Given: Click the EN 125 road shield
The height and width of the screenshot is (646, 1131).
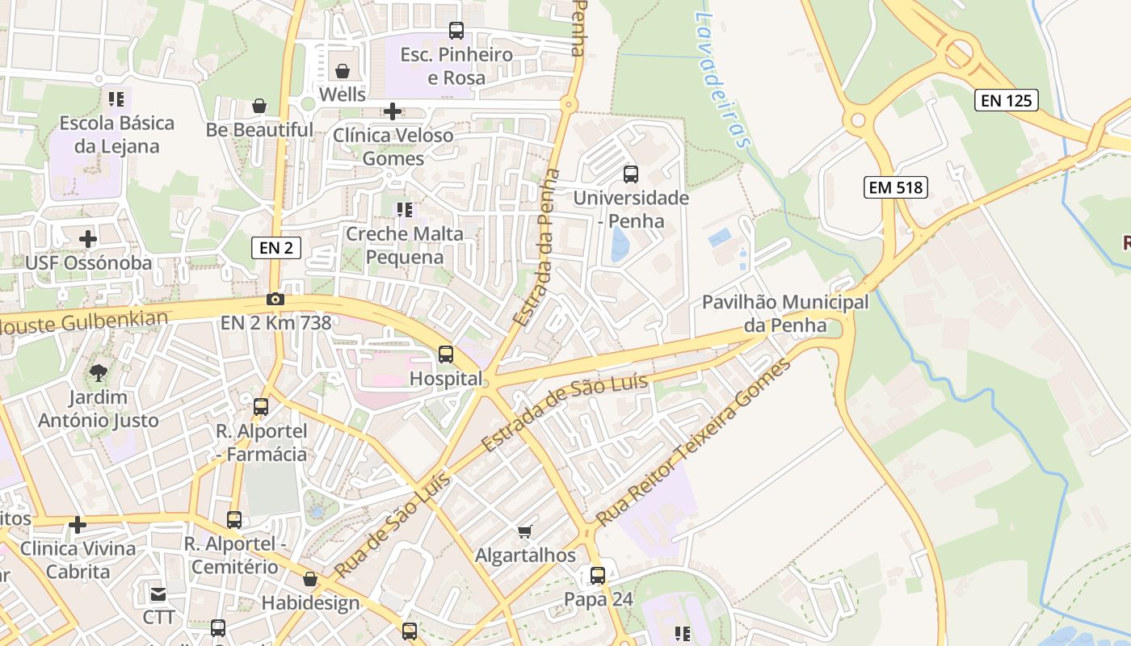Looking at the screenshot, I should [x=1005, y=100].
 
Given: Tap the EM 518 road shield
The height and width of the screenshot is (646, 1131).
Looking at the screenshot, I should [x=895, y=188].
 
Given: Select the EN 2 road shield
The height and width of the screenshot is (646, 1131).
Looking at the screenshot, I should [x=276, y=248].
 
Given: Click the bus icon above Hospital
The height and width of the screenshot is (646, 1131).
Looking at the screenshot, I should [x=445, y=354].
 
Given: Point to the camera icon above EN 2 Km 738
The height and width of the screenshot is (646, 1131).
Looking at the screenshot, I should [x=275, y=299].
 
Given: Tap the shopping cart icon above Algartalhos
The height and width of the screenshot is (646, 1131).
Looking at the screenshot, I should [x=525, y=531].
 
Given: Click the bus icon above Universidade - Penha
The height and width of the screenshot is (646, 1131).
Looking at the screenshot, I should [x=630, y=174].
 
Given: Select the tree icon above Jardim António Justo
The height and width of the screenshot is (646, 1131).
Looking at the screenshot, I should [x=99, y=373].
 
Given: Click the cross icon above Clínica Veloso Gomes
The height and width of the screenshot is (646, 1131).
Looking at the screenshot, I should [x=393, y=111].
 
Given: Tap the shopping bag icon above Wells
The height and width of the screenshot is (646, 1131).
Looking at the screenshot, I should [x=343, y=71].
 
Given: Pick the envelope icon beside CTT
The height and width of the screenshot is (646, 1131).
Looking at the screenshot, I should [x=158, y=594].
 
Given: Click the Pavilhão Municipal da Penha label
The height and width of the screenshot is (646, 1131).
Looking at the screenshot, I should [x=784, y=314].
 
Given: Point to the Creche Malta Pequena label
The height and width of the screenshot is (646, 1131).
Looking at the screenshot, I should [x=405, y=245].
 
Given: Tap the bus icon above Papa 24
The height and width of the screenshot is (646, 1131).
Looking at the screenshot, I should [x=597, y=576].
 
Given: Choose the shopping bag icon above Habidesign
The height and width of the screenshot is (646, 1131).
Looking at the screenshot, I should [x=310, y=579].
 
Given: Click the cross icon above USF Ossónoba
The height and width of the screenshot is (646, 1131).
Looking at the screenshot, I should [x=88, y=239].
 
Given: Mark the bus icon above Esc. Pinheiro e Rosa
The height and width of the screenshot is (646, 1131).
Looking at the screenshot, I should [x=456, y=31].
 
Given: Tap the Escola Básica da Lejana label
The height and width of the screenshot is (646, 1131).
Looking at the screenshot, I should [x=117, y=135].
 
